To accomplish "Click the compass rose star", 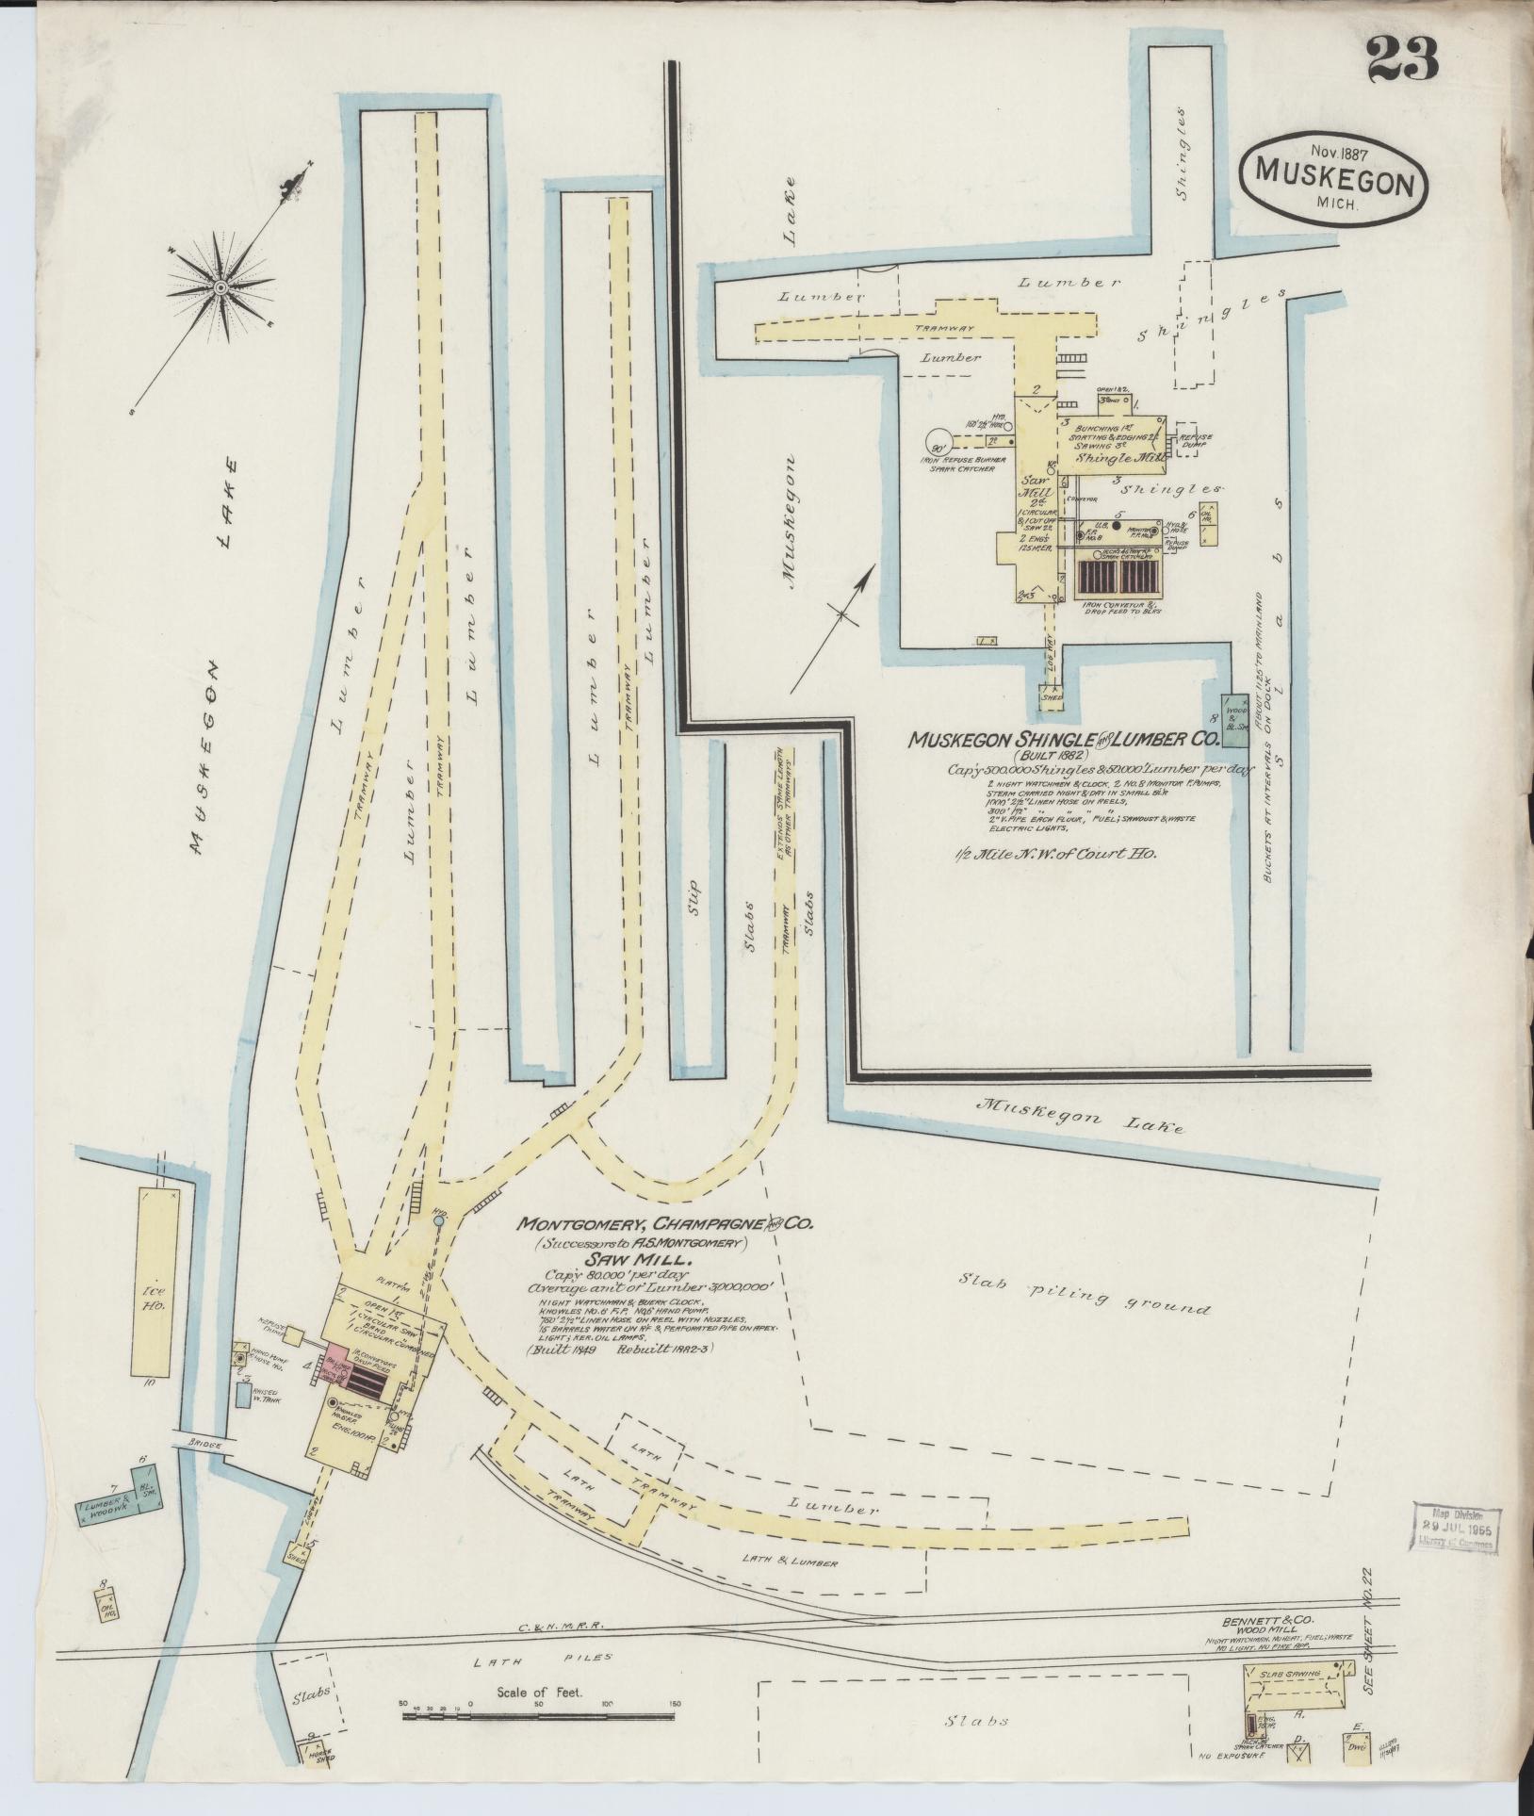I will coord(219,286).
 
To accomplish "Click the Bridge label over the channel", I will coord(200,1470).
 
